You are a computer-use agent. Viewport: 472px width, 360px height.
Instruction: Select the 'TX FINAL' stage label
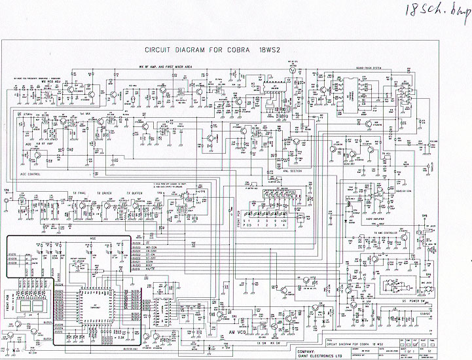click(77, 194)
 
